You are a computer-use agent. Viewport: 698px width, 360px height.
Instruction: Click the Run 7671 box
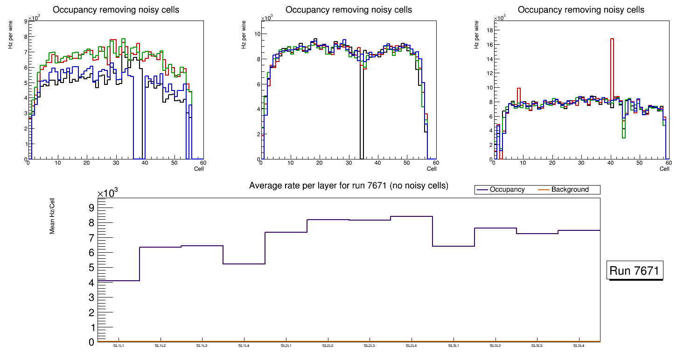point(635,270)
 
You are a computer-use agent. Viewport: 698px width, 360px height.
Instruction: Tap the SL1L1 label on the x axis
point(119,346)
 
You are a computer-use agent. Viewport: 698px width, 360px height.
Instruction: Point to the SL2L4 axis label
point(411,346)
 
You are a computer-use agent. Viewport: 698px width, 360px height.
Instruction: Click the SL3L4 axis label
point(579,346)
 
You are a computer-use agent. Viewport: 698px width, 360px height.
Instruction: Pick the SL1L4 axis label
point(244,346)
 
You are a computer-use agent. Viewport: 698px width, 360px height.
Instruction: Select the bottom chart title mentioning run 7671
point(349,186)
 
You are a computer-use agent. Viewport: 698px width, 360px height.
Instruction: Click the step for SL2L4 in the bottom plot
point(411,216)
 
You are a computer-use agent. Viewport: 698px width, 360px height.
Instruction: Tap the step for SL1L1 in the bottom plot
point(119,281)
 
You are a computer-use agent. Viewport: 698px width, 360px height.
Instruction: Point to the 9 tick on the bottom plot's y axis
point(91,208)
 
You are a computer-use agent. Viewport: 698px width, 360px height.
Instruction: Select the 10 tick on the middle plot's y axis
point(256,34)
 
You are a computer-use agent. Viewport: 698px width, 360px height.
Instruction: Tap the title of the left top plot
point(115,10)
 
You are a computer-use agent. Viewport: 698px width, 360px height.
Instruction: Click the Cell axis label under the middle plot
point(432,169)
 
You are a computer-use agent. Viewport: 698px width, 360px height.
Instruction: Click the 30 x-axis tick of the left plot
point(116,163)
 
